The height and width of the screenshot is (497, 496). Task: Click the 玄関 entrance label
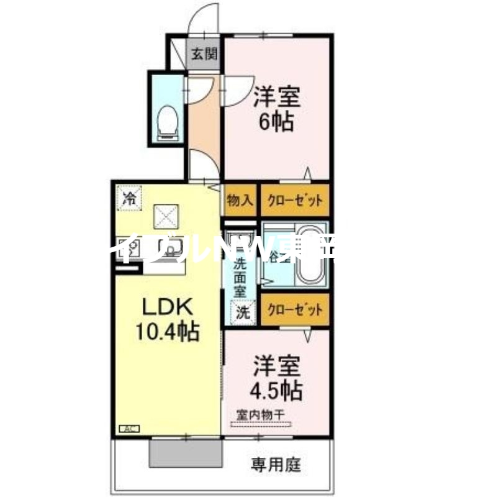[204, 54]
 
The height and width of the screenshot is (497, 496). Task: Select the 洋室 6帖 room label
[277, 108]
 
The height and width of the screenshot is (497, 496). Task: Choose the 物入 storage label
[240, 200]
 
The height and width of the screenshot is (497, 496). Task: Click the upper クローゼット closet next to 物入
[294, 200]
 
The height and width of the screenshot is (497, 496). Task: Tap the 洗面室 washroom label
[239, 276]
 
